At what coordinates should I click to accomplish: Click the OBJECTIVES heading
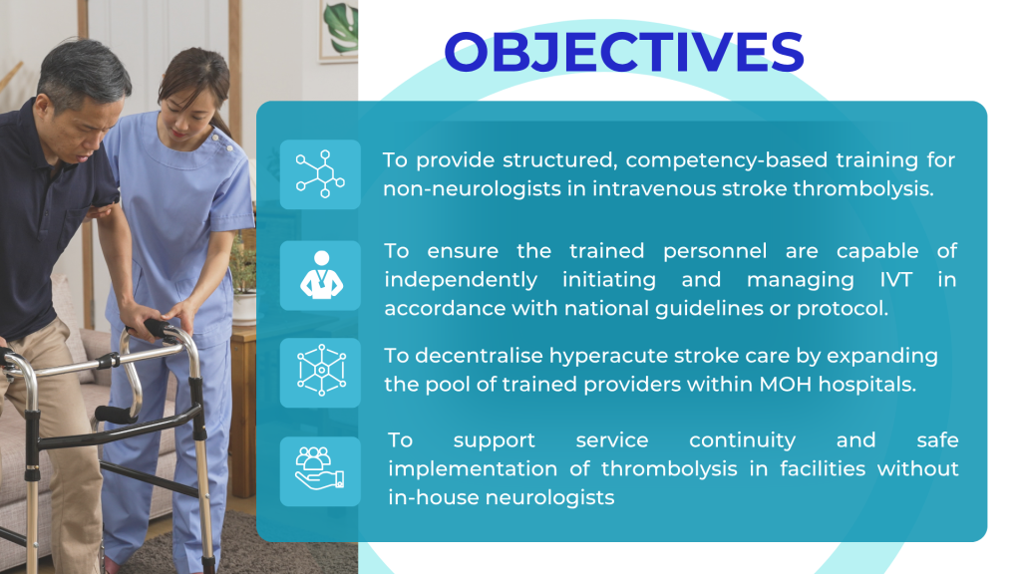pyautogui.click(x=624, y=52)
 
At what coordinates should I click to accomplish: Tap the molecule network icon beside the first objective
pyautogui.click(x=320, y=173)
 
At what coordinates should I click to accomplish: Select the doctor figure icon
pyautogui.click(x=320, y=275)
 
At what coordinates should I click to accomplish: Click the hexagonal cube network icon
pyautogui.click(x=321, y=371)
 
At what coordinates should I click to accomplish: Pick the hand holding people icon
pyautogui.click(x=319, y=468)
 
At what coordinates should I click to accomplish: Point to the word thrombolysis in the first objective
pyautogui.click(x=863, y=188)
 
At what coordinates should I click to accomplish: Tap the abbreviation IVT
pyautogui.click(x=896, y=280)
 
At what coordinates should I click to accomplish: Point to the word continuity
pyautogui.click(x=742, y=440)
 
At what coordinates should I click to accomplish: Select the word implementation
pyautogui.click(x=473, y=469)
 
